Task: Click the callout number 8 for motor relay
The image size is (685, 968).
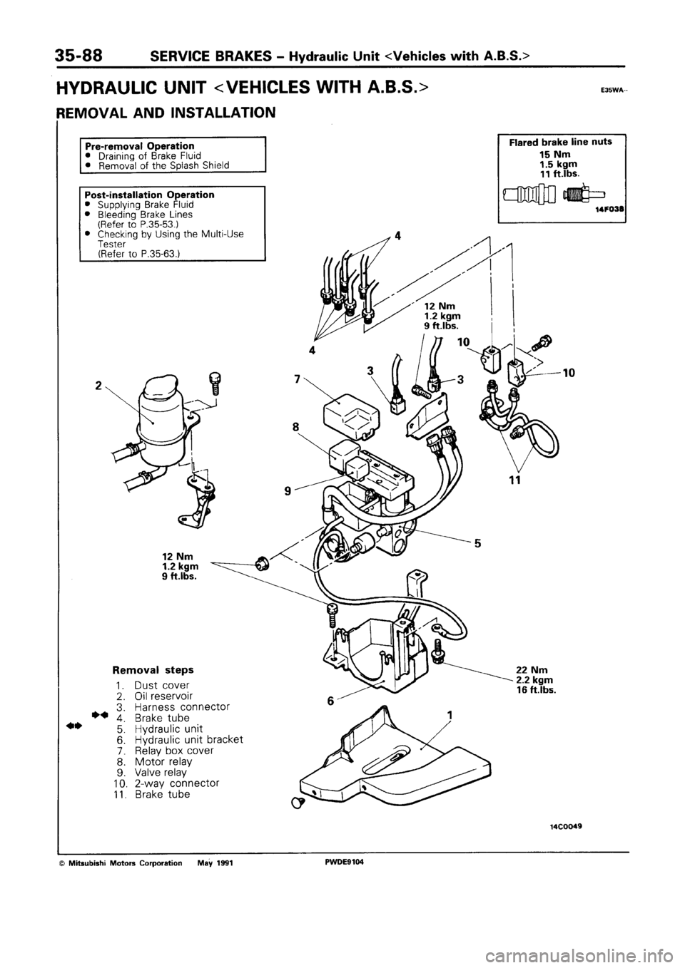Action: pyautogui.click(x=295, y=428)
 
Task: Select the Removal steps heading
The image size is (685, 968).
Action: pyautogui.click(x=153, y=671)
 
